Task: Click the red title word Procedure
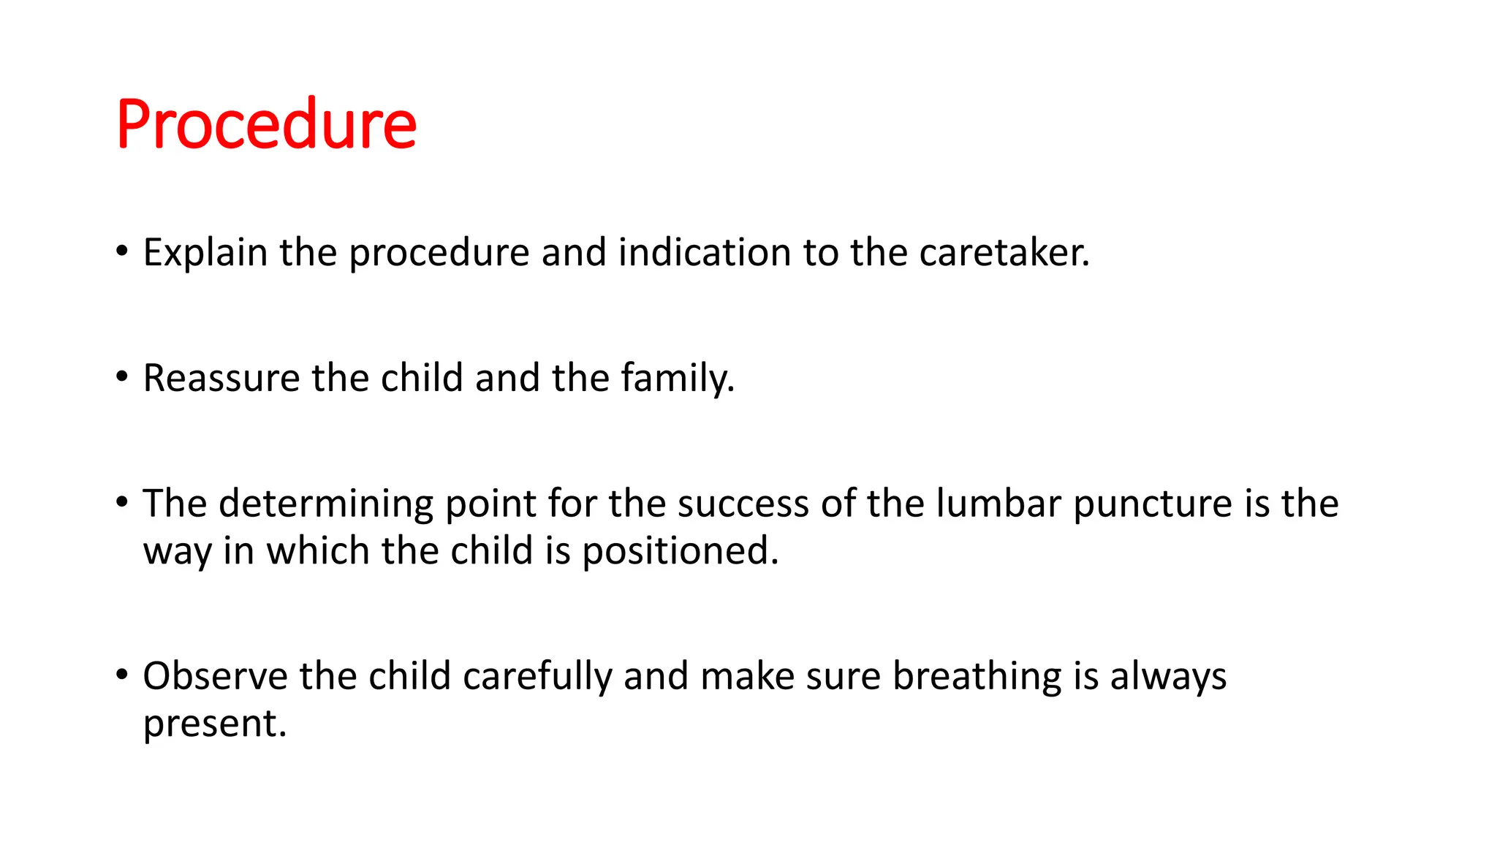[x=266, y=124]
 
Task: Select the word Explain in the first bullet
[x=205, y=253]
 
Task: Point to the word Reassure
[x=221, y=379]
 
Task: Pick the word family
[x=677, y=379]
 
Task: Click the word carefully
[x=537, y=677]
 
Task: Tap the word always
[x=1168, y=677]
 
